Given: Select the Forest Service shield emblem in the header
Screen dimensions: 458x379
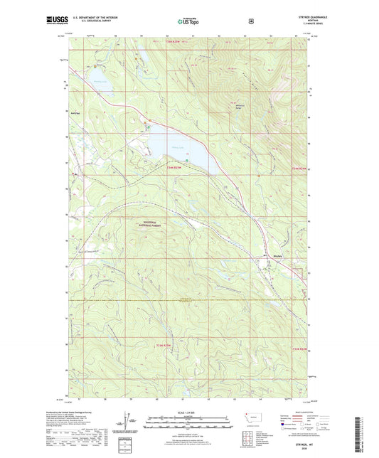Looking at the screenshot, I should click(250, 21).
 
